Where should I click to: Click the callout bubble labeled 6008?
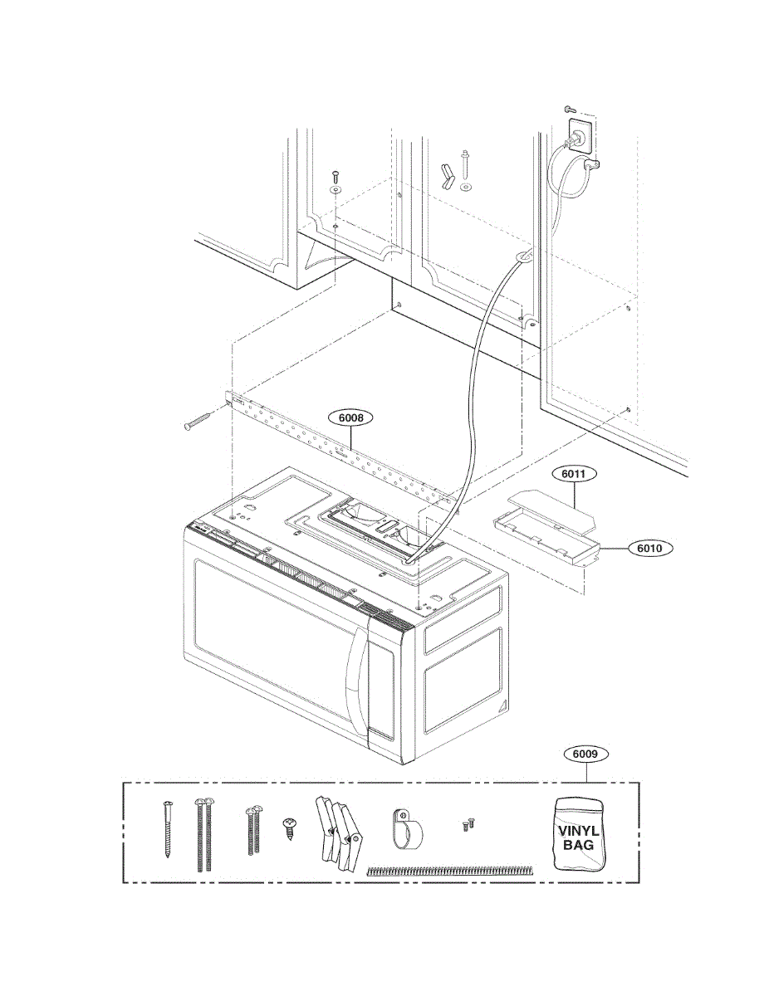[350, 418]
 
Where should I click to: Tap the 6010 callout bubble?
[654, 549]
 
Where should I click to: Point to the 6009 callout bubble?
[586, 754]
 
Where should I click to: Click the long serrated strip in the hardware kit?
[449, 871]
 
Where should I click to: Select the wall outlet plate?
[579, 137]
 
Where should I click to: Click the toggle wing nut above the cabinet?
[448, 175]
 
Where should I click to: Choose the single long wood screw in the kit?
[166, 828]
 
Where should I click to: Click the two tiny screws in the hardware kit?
[468, 824]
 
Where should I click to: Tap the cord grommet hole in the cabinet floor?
[522, 256]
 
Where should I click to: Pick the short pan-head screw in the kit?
[291, 828]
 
